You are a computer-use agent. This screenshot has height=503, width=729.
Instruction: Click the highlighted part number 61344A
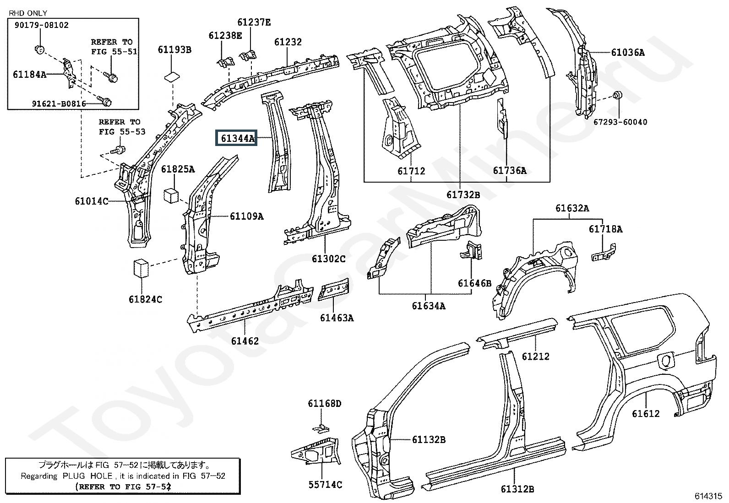[x=237, y=138]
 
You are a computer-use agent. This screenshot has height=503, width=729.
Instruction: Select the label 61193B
[x=174, y=49]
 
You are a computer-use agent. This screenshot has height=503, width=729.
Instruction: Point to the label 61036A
[x=627, y=53]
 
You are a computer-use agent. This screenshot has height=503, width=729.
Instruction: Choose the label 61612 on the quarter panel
[x=646, y=414]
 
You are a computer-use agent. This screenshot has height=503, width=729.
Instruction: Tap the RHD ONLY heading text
[x=28, y=13]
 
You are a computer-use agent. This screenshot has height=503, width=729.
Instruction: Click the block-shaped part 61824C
[x=141, y=269]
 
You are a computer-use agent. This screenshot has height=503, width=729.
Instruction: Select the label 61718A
[x=605, y=229]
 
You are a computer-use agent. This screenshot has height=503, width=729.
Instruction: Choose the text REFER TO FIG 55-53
[x=122, y=127]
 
